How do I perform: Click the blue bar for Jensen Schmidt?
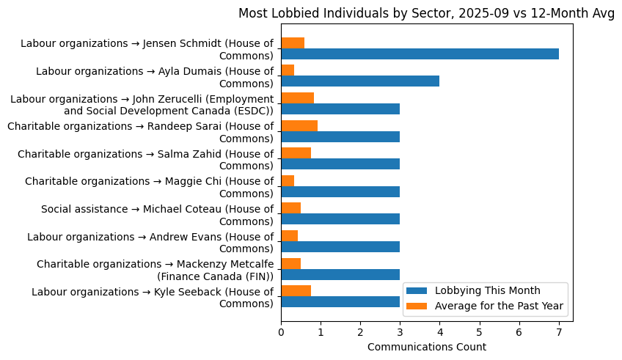click(420, 54)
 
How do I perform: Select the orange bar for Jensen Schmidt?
click(293, 43)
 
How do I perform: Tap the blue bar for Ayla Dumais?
click(360, 81)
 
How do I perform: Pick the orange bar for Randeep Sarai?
click(299, 125)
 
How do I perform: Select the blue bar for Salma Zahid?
click(340, 164)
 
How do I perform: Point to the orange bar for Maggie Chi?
click(288, 180)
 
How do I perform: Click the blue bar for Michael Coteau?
click(340, 219)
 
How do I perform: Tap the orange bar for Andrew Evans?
click(289, 235)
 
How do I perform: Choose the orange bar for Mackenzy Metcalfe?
click(290, 263)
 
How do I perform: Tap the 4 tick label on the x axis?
click(439, 331)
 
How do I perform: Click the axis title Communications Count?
click(426, 347)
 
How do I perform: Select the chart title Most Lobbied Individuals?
click(426, 14)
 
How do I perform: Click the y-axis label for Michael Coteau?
click(157, 215)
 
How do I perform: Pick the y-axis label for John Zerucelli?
click(142, 104)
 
